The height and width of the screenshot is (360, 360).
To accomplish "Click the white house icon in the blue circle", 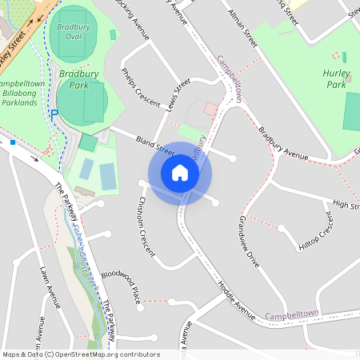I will pyautogui.click(x=180, y=173).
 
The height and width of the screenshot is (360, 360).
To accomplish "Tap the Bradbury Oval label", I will pyautogui.click(x=74, y=31).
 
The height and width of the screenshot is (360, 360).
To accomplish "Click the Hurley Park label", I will pyautogui.click(x=335, y=78).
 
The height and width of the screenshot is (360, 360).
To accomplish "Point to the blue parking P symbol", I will pyautogui.click(x=54, y=114).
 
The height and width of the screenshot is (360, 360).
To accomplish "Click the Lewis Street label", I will pyautogui.click(x=177, y=90).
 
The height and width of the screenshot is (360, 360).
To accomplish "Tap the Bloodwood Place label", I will pyautogui.click(x=119, y=285).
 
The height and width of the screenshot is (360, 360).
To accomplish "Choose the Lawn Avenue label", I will pyautogui.click(x=49, y=288).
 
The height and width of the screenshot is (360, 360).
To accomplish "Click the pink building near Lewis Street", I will pyautogui.click(x=210, y=109).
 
